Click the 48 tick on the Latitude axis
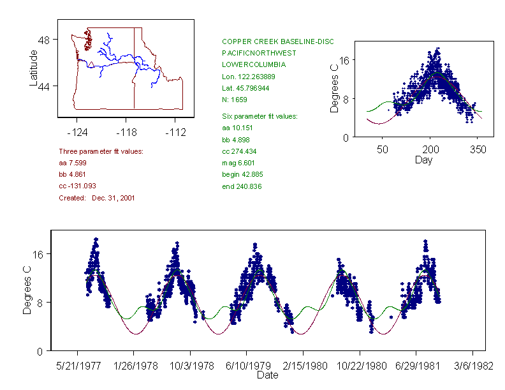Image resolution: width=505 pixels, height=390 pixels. (x=43, y=40)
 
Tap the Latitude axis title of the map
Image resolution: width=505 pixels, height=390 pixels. (x=34, y=68)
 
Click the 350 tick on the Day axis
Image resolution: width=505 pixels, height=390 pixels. (x=478, y=149)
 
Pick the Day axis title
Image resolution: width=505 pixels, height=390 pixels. (x=423, y=160)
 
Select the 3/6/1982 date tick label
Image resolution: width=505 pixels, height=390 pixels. (x=472, y=367)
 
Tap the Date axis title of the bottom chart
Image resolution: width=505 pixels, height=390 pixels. (x=267, y=375)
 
